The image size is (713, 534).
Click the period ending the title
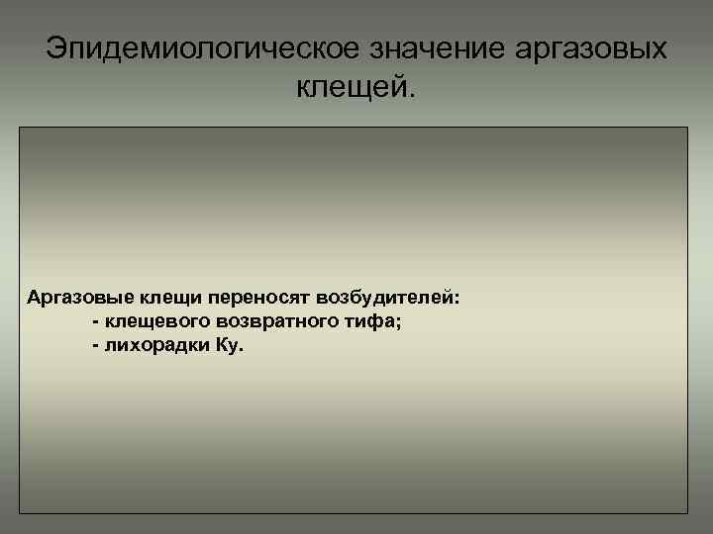pos(414,96)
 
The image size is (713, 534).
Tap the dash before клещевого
pos(94,323)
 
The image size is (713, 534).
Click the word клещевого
pos(146,323)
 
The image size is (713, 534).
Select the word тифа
pos(372,323)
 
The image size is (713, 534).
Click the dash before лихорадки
pos(94,349)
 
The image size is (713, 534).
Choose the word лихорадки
pos(154,348)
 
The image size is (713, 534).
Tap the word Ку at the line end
pos(225,349)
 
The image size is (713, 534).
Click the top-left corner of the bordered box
pos(21,128)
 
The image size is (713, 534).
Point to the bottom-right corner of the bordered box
pos(687,512)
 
